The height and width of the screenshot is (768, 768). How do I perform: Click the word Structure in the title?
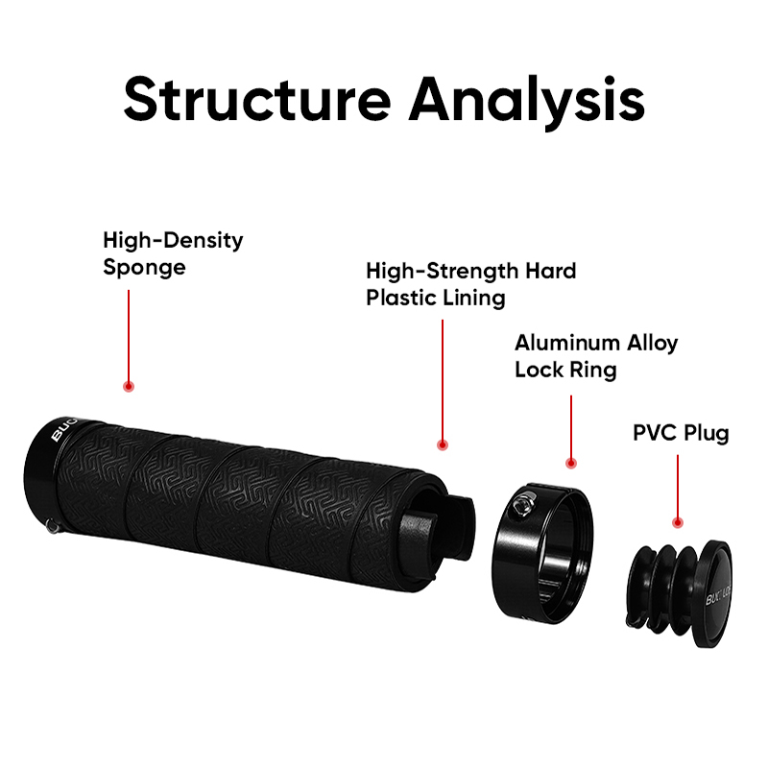(x=257, y=100)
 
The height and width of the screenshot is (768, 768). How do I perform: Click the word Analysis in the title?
(x=527, y=103)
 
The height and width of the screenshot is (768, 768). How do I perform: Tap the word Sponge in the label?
(x=145, y=269)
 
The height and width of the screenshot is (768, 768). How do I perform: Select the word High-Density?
(x=173, y=241)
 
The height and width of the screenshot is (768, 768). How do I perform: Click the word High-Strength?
(x=443, y=271)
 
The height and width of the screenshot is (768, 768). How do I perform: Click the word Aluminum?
(x=567, y=343)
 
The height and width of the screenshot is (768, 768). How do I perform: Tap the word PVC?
(x=655, y=433)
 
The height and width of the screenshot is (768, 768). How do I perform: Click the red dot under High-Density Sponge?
(x=129, y=387)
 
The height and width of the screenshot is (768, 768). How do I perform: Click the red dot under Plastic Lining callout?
(x=443, y=445)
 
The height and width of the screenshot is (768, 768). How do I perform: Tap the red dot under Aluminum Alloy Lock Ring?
(x=570, y=464)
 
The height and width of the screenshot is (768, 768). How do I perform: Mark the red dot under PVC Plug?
(x=678, y=522)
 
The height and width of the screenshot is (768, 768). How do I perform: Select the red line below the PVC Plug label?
(x=678, y=486)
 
